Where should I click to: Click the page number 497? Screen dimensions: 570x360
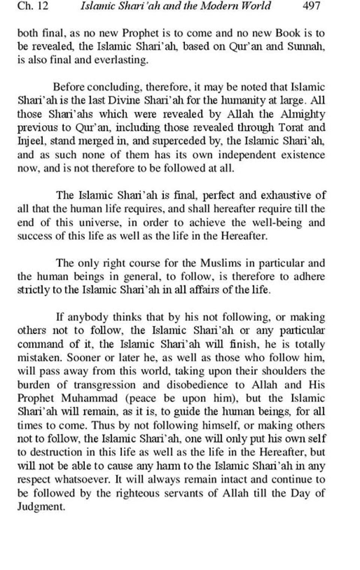pos(311,6)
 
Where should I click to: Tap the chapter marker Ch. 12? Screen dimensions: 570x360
pos(33,6)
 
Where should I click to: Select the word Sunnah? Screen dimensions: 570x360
pos(309,46)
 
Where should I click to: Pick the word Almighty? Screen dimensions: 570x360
pos(304,114)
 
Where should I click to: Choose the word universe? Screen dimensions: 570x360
pos(99,222)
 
